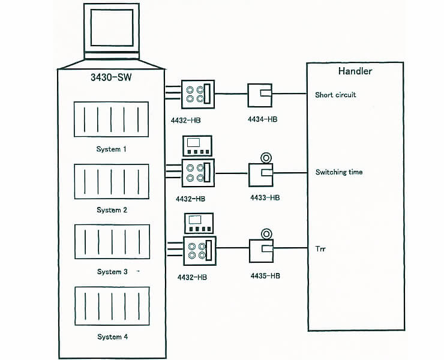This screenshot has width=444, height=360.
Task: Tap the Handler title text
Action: [354, 71]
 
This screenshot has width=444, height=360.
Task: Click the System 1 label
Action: [112, 149]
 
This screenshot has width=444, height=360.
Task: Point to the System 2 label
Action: [112, 210]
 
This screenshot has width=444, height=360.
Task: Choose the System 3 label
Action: [112, 272]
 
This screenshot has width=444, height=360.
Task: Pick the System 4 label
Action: [112, 337]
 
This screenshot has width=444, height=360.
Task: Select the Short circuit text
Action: [335, 95]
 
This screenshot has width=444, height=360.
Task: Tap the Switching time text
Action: [339, 172]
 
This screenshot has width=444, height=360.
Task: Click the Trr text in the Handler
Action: [320, 248]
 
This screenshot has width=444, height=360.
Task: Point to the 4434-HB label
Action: [263, 119]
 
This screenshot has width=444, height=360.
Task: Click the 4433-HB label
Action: [265, 197]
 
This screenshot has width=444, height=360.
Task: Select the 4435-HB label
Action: [265, 275]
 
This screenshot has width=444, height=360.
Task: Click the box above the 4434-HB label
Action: [261, 94]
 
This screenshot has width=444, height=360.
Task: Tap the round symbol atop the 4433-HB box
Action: [265, 157]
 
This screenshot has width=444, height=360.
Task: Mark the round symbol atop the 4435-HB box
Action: [265, 233]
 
